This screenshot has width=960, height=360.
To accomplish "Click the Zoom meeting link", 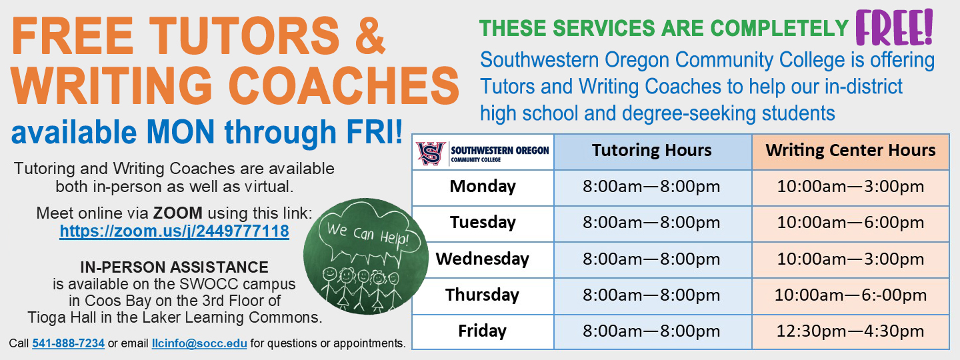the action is click(x=175, y=231).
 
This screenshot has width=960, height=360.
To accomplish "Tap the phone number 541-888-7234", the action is click(x=69, y=343).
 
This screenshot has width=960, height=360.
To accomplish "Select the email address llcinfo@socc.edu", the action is click(x=199, y=343).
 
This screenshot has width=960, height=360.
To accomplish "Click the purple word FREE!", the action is click(x=895, y=27).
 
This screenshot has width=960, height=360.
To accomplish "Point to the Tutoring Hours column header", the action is click(x=652, y=151).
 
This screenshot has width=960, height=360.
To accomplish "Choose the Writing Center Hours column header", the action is click(x=851, y=151).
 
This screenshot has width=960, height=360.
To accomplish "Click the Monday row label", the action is click(x=483, y=187).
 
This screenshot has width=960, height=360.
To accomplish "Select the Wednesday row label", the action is click(x=483, y=259).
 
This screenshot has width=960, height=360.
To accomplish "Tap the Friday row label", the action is click(x=483, y=331).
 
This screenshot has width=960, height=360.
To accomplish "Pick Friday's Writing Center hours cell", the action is click(x=851, y=331).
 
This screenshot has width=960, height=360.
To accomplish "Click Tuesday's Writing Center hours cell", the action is click(x=851, y=223).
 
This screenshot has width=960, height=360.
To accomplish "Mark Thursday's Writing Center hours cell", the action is click(x=851, y=295).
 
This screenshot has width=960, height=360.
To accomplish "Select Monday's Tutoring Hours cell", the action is click(x=651, y=187).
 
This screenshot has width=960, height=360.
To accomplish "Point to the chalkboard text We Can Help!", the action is click(x=368, y=235).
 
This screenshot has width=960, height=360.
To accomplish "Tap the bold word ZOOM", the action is click(x=178, y=213).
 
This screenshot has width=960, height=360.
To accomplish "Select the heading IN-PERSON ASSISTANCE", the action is click(x=175, y=267).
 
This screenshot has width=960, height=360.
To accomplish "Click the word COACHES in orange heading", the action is click(x=344, y=85).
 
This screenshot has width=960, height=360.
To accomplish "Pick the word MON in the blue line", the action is click(x=181, y=132).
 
